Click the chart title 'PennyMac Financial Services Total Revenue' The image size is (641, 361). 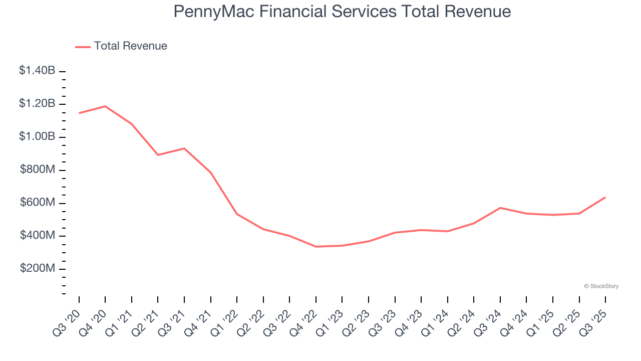[342, 12]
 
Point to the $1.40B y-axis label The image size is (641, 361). [37, 71]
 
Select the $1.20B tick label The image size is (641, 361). [37, 104]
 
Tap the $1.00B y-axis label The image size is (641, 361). [37, 137]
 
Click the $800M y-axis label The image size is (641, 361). [38, 170]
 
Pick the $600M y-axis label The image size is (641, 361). [38, 203]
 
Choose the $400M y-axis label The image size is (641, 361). [38, 236]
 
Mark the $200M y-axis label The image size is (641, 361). [38, 269]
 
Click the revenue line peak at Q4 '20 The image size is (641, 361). [105, 106]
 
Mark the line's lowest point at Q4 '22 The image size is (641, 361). [316, 247]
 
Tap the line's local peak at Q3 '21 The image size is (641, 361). [184, 148]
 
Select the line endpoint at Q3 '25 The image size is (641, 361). [605, 197]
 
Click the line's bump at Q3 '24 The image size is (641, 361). [500, 208]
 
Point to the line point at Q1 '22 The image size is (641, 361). [237, 214]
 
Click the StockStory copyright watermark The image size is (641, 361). [601, 286]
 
